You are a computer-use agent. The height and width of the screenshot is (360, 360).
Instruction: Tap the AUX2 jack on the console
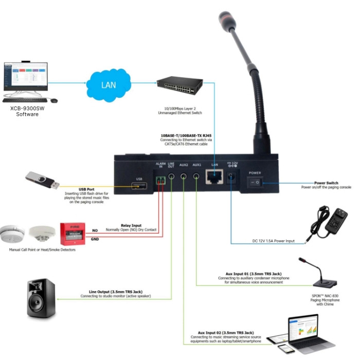click(x=183, y=176)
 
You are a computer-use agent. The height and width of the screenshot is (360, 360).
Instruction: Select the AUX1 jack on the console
click(x=196, y=176)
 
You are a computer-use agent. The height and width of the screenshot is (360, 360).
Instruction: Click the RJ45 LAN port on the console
click(x=212, y=177)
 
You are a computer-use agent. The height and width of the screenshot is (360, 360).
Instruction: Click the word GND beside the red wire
click(x=95, y=239)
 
